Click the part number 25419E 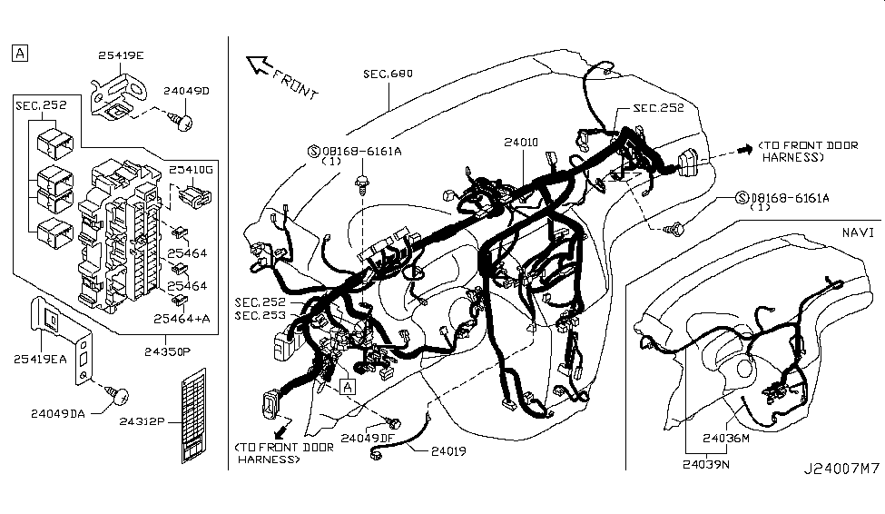click(121, 55)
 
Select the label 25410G click(192, 169)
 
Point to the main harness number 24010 click(523, 143)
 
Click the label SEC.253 click(260, 315)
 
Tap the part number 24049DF click(368, 438)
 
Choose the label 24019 click(449, 450)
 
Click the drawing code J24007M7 click(841, 495)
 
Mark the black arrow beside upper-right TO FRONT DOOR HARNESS click(743, 149)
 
